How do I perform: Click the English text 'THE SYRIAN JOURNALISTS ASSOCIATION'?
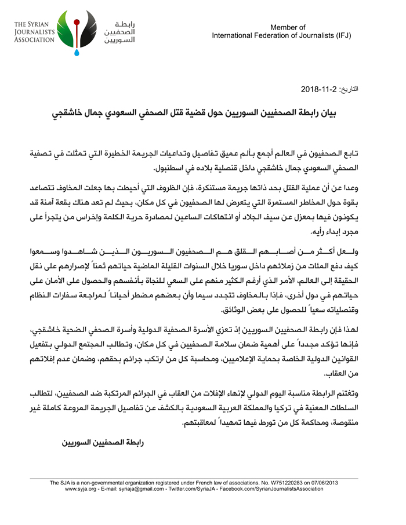[x=36, y=32]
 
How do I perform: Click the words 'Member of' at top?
[x=288, y=27]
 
